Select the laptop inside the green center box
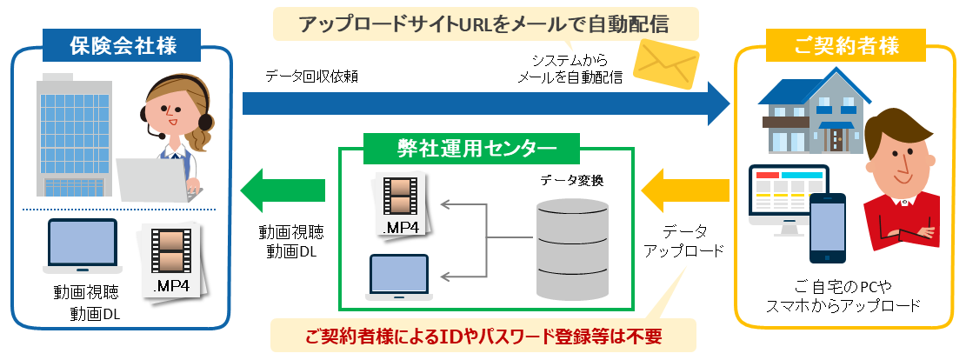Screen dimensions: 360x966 pos(398,277)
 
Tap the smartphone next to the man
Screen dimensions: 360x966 pos(827,228)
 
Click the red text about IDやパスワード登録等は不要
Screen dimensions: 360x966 pos(483,335)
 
